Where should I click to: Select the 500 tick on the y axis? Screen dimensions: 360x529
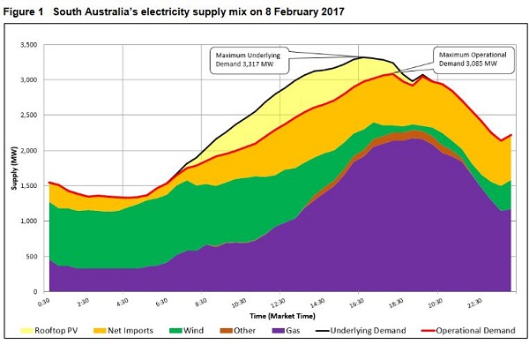(x=36, y=256)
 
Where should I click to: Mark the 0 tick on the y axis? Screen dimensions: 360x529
(x=41, y=291)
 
